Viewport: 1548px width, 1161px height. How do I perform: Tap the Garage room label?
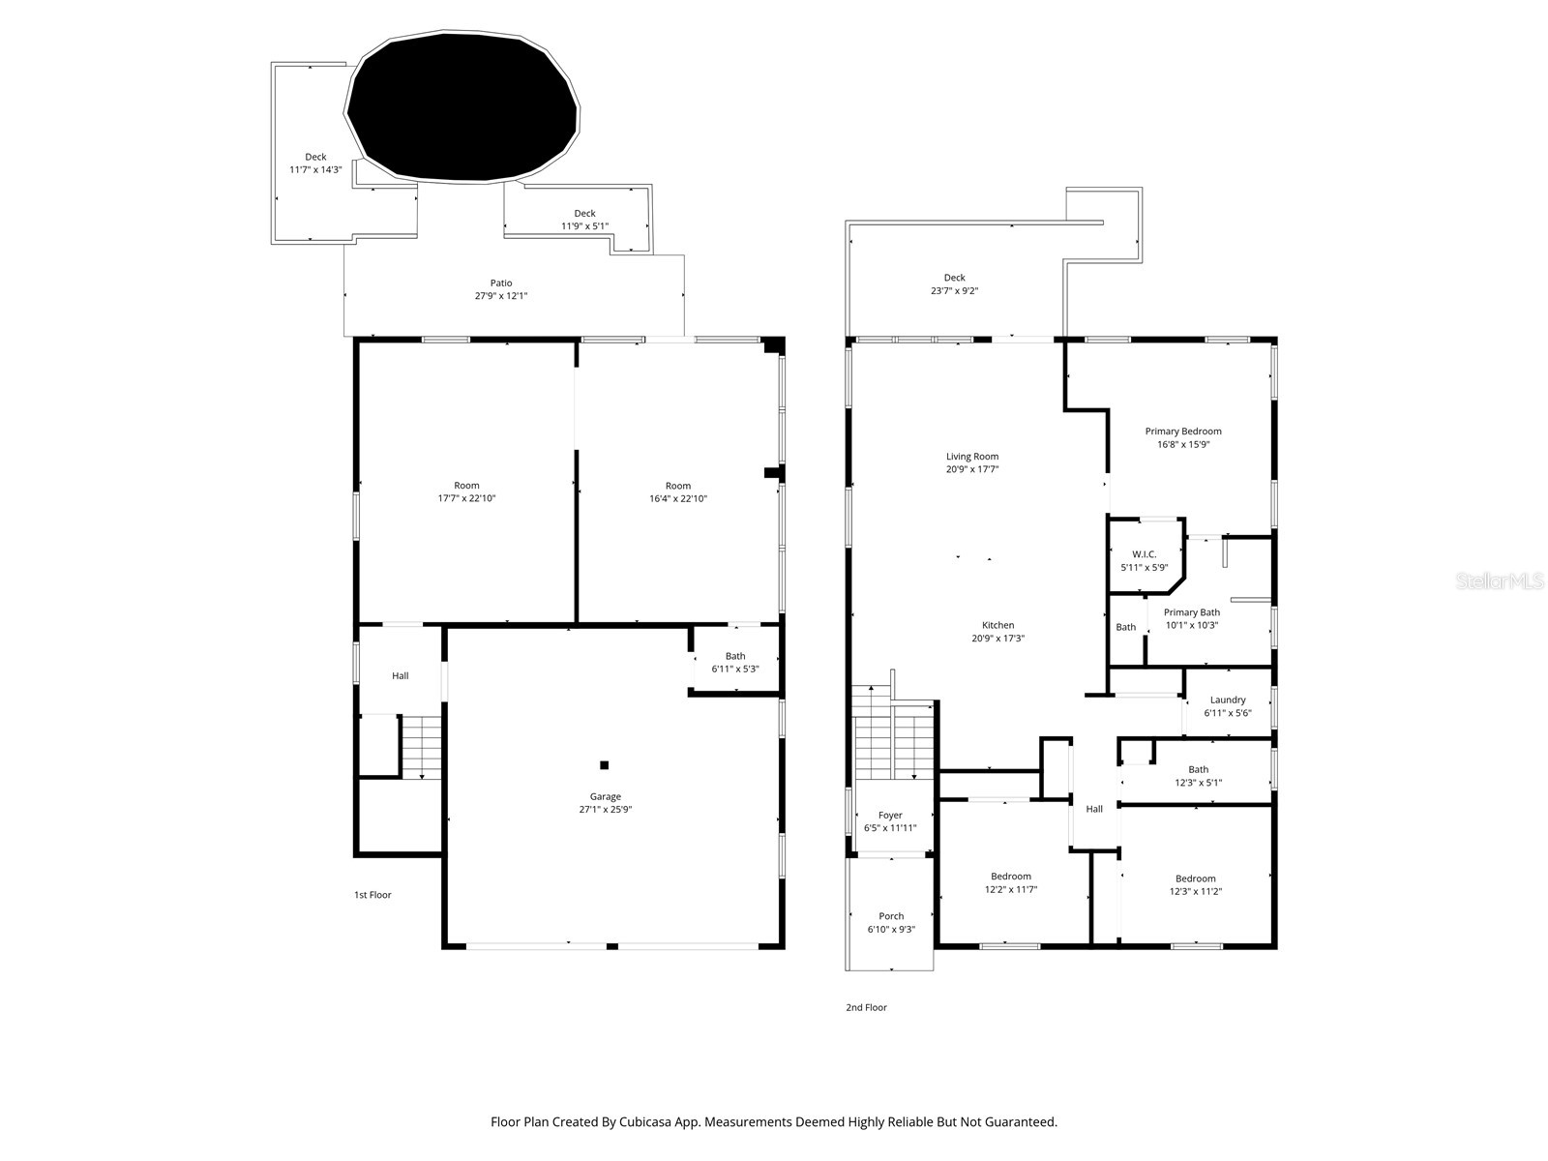point(606,797)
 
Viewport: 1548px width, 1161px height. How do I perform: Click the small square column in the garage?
point(605,765)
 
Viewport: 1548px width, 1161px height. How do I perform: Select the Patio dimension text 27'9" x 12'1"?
point(501,296)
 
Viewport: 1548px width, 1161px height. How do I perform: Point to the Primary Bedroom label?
point(1183,432)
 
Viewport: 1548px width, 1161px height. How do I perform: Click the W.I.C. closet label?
point(1145,554)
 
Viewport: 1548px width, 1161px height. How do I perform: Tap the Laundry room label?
point(1228,700)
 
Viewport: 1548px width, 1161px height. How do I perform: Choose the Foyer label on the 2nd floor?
point(890,816)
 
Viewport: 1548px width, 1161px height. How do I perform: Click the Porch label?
point(891,916)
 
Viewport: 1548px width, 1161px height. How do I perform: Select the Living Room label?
point(972,457)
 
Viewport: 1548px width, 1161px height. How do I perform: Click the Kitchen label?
point(998,625)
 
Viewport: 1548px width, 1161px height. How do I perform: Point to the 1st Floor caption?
point(372,895)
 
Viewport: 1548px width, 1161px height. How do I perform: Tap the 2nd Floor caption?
point(866,1007)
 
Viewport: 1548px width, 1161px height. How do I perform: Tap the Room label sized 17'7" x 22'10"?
point(466,486)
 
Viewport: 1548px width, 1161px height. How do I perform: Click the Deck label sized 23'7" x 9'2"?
point(955,278)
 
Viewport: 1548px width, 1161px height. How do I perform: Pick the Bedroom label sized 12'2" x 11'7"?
point(1011,877)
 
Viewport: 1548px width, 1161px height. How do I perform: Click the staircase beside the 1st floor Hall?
point(421,747)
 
